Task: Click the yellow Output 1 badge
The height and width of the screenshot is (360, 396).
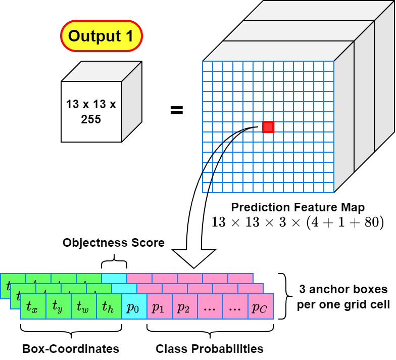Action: [x=102, y=36]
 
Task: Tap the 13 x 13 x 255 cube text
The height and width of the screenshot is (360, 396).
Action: [x=91, y=111]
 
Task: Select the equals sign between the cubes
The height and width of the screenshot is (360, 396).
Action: [x=177, y=110]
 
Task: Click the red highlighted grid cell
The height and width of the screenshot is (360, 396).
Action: [x=268, y=127]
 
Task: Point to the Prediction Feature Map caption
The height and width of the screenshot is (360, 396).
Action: [x=298, y=207]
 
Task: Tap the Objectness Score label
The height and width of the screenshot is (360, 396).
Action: [x=114, y=243]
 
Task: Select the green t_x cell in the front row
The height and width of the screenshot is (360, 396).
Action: [x=33, y=306]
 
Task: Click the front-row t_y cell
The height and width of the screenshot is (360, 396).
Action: [x=59, y=306]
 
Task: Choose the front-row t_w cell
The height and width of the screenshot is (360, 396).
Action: [x=84, y=306]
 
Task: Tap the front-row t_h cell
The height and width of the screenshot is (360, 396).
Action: [x=109, y=306]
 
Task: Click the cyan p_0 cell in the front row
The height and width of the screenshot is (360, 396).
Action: [x=134, y=306]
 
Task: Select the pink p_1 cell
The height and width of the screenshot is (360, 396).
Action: [x=160, y=306]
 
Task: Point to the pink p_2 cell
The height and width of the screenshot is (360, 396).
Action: [x=185, y=306]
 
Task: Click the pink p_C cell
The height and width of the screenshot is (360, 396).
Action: [x=261, y=306]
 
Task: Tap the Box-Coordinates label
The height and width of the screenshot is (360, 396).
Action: [x=71, y=349]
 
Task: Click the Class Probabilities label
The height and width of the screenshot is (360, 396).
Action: [x=210, y=349]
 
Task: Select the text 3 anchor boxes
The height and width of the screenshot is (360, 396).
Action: [x=343, y=289]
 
